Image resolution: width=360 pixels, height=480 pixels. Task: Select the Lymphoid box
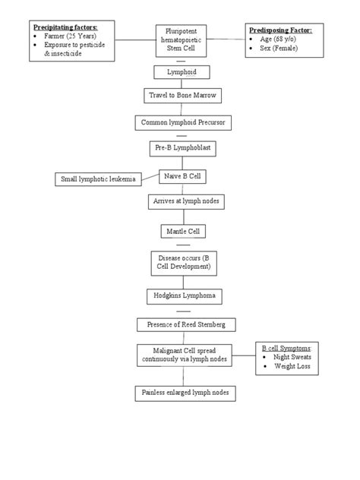181,72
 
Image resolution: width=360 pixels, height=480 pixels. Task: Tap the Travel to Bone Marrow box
181,96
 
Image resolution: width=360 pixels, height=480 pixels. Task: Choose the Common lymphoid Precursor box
182,122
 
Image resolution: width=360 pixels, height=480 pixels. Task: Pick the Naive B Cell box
182,175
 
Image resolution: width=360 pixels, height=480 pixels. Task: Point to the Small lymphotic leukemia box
99,179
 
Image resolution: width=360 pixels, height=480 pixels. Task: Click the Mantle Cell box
182,231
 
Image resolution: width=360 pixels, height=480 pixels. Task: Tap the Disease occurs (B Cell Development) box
182,264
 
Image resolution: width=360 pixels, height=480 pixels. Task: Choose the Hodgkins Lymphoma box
182,297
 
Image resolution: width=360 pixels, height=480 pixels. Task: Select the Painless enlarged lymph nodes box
186,393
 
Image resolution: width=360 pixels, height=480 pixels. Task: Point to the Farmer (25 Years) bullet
69,36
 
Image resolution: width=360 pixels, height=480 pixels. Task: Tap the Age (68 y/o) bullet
278,39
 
